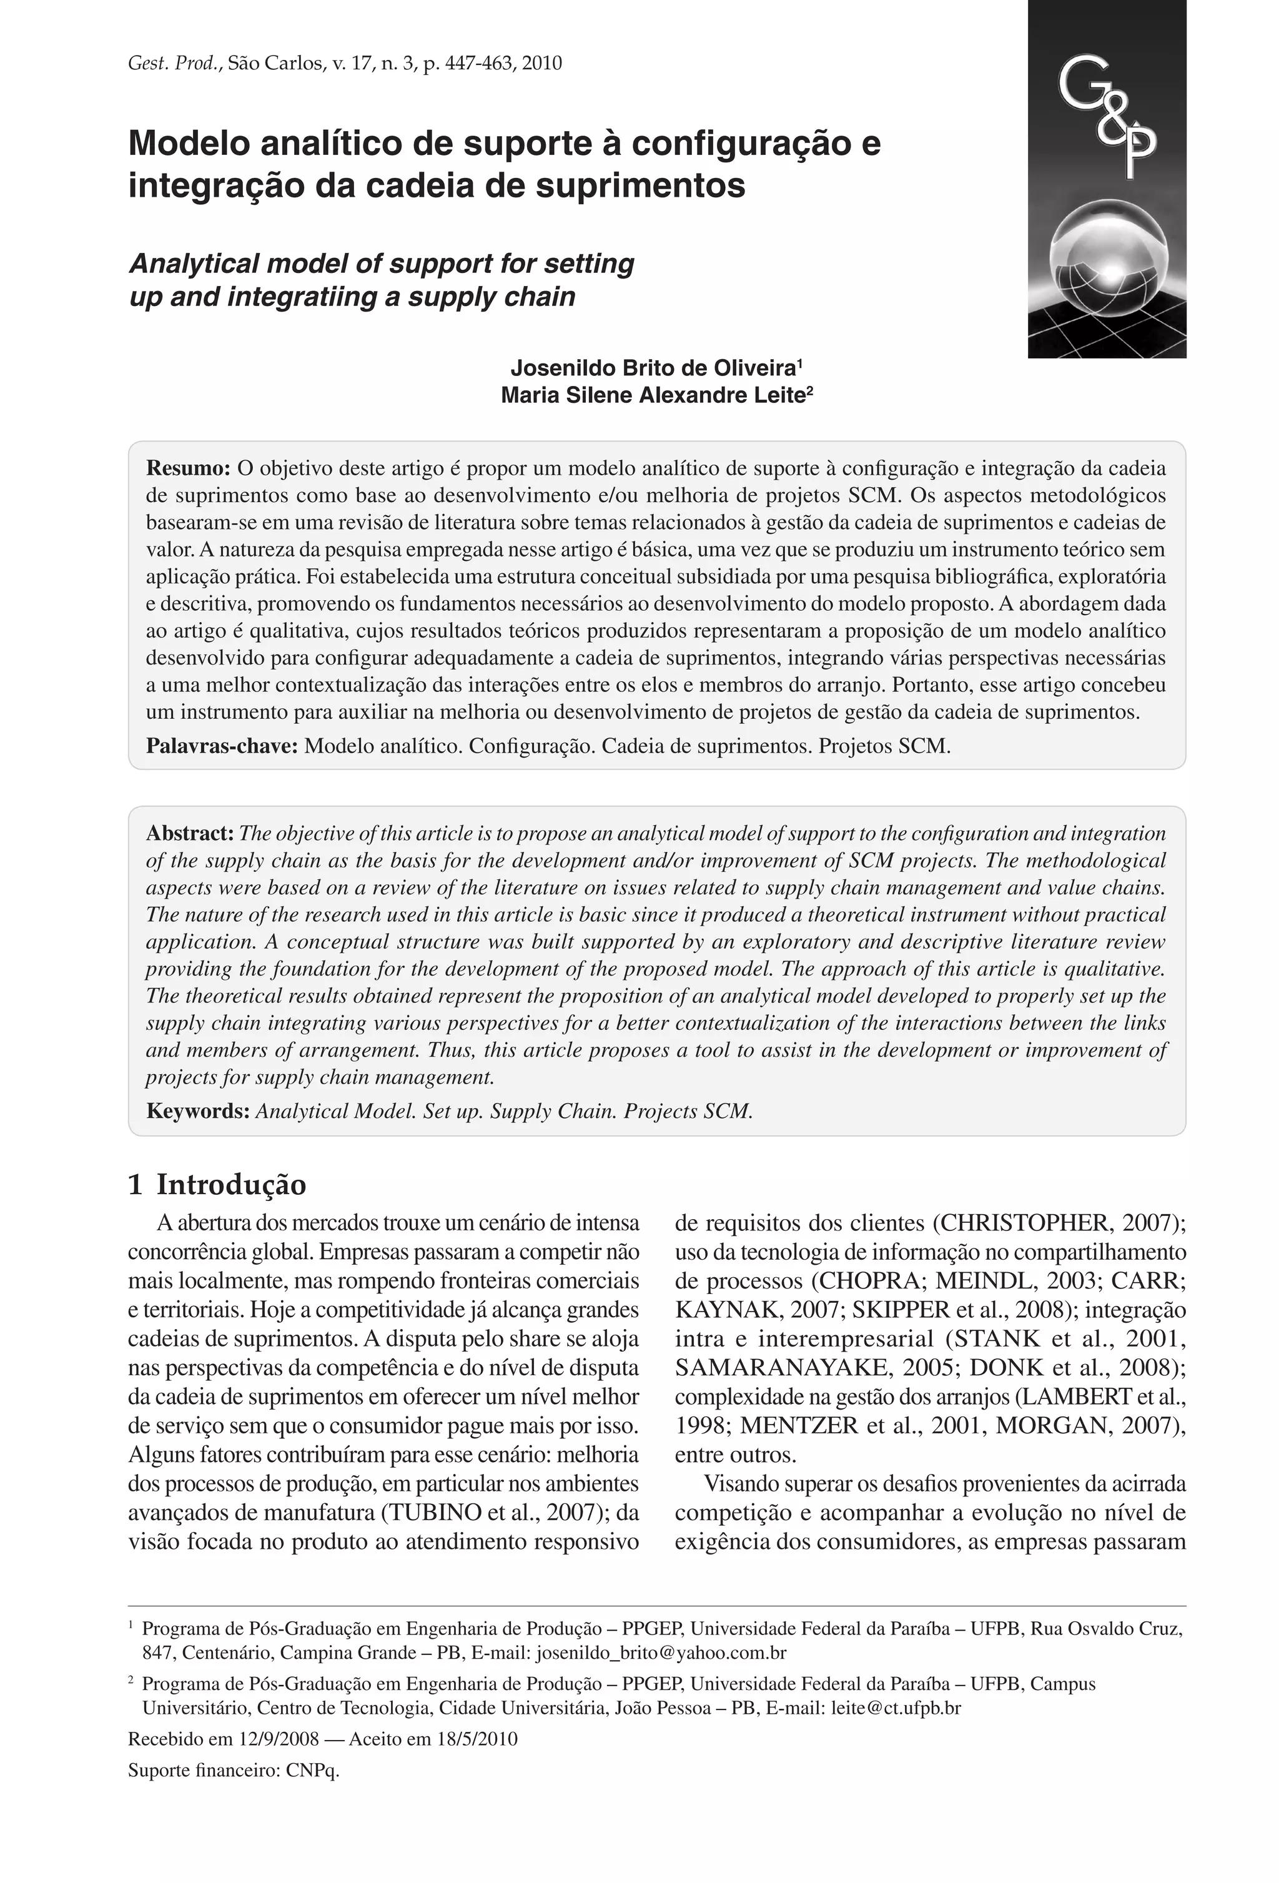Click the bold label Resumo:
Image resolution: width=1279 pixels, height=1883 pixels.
(188, 468)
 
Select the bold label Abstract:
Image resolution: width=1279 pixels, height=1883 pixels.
(190, 833)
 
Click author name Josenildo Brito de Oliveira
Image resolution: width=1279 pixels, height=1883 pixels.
(652, 368)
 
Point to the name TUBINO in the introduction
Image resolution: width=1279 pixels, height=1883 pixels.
(431, 1513)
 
